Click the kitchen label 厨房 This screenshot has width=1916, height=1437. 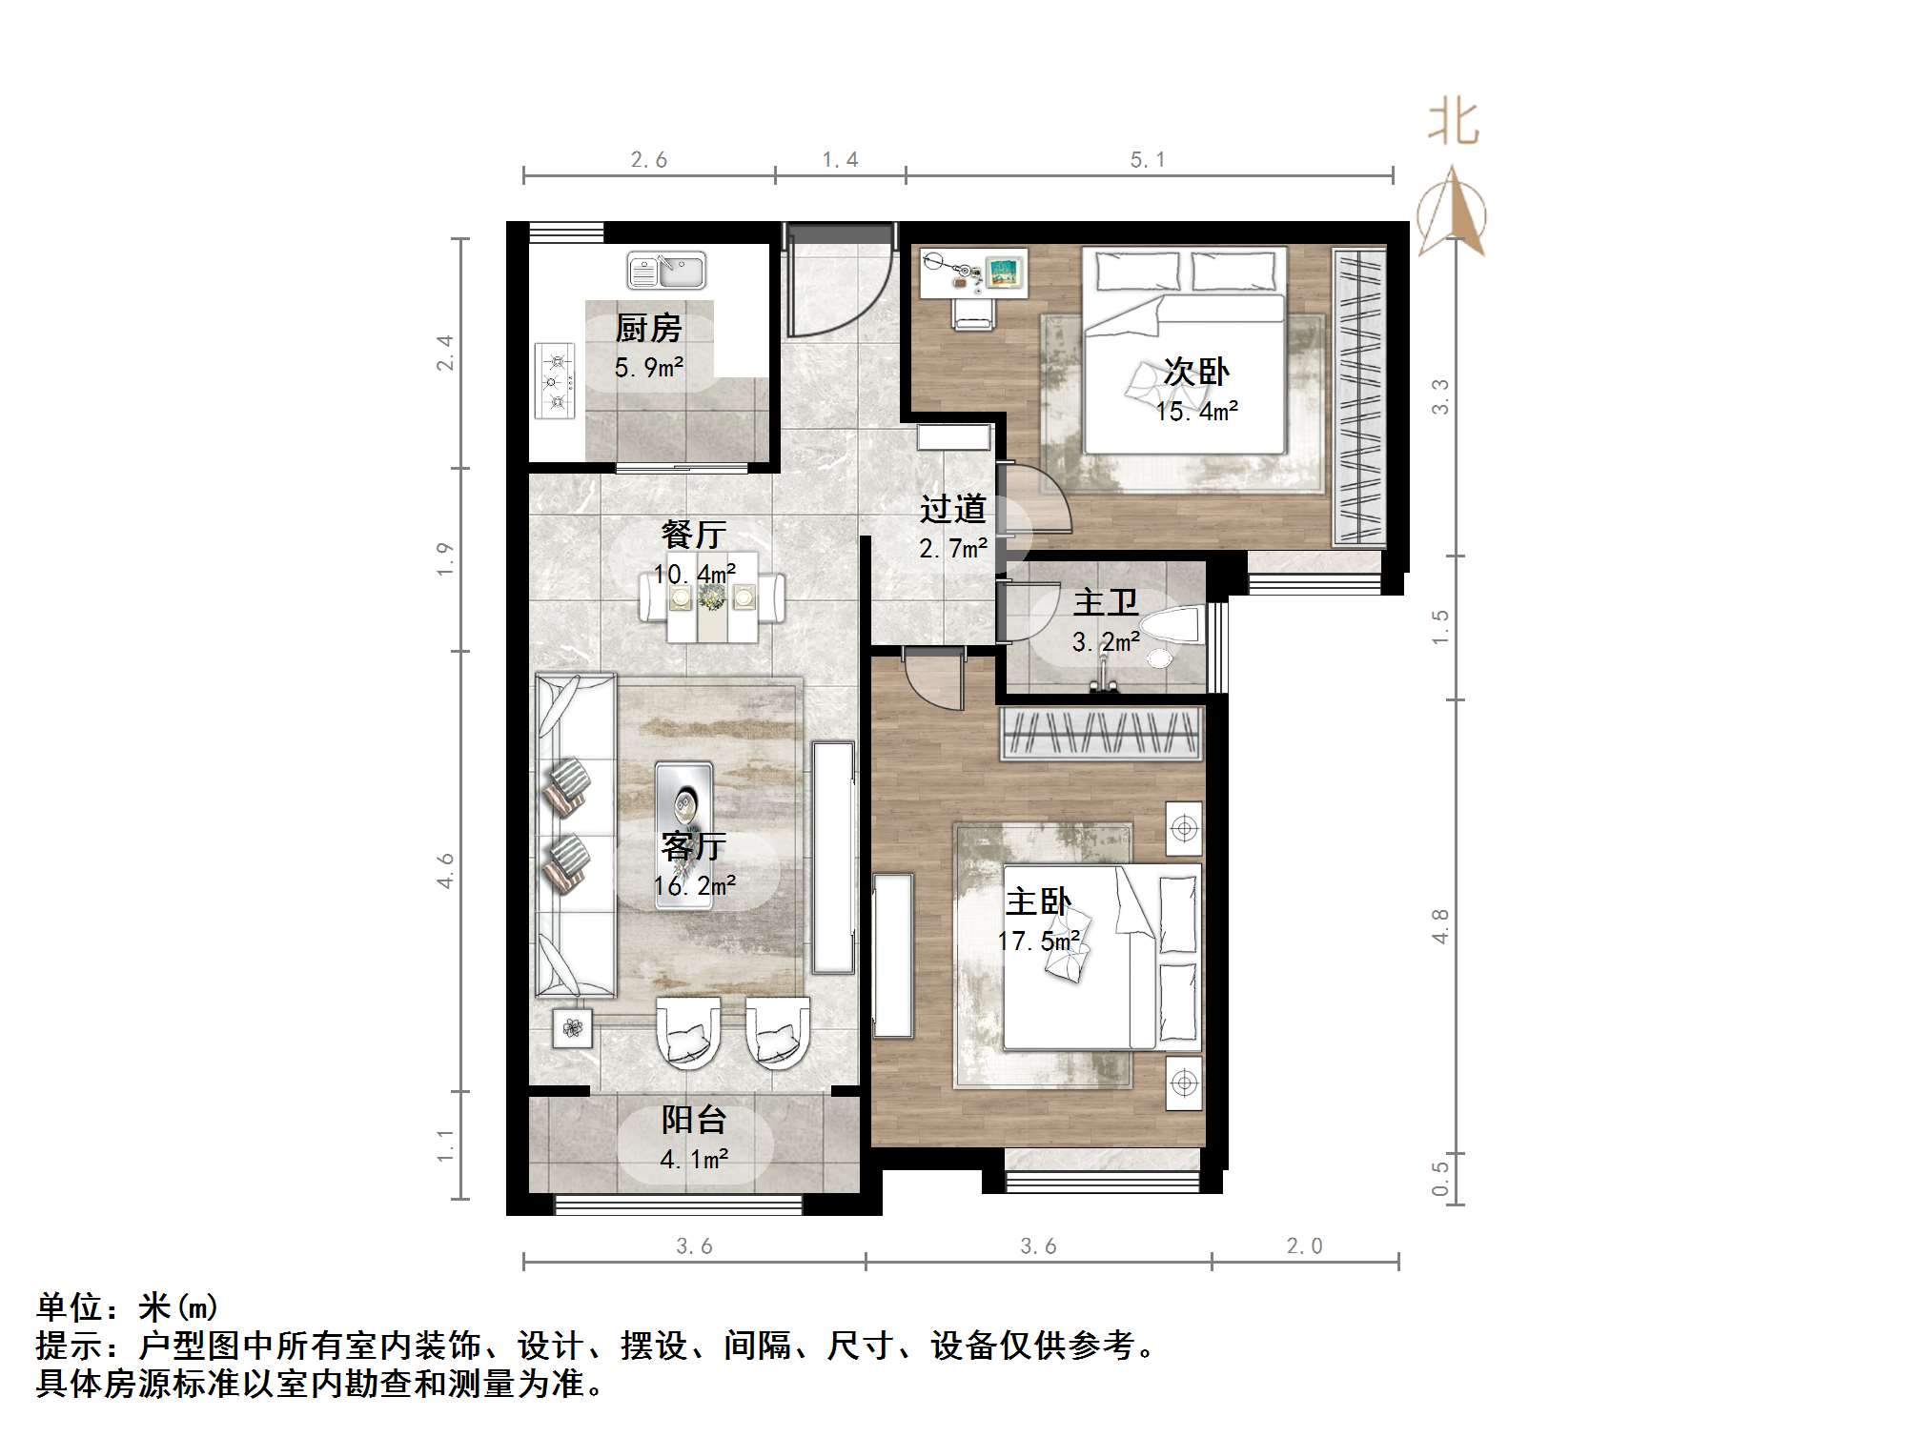click(648, 329)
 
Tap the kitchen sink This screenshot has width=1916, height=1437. click(666, 271)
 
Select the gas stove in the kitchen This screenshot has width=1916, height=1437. click(555, 381)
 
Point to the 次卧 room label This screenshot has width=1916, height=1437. click(1196, 372)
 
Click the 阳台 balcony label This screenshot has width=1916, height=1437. click(694, 1120)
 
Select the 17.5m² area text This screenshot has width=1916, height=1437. click(1038, 941)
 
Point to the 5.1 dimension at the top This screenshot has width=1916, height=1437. click(1148, 160)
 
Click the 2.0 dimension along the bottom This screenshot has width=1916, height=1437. click(1304, 1246)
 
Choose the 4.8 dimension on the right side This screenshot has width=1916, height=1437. click(1440, 926)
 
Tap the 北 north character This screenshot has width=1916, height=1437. click(1453, 124)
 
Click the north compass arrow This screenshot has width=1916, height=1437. click(1451, 212)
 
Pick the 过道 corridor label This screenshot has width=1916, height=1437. click(952, 509)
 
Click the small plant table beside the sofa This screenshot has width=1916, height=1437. click(572, 1028)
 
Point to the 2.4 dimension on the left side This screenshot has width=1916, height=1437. click(445, 353)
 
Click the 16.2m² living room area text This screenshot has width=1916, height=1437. click(694, 886)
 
